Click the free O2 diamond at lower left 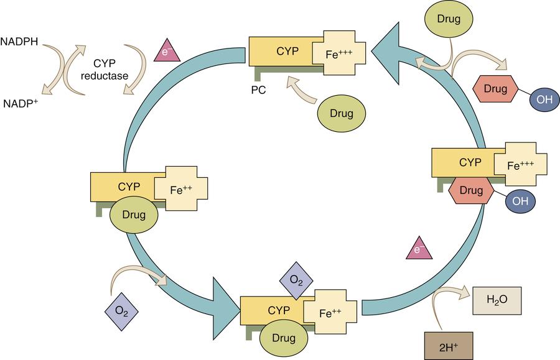click(121, 308)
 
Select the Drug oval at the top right click(448, 19)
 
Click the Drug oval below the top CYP click(342, 113)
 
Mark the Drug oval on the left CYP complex click(134, 215)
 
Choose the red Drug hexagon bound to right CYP click(471, 190)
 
